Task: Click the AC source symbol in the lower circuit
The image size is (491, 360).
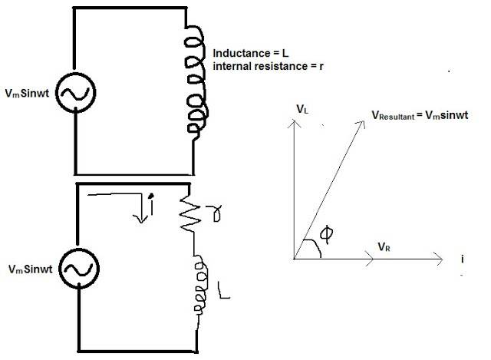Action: [77, 269]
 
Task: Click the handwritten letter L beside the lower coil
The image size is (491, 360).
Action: [222, 290]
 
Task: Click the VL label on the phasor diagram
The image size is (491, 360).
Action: [302, 111]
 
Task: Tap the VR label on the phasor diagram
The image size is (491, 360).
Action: [386, 246]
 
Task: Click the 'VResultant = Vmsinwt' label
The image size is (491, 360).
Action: [420, 115]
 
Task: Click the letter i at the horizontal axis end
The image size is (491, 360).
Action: [463, 259]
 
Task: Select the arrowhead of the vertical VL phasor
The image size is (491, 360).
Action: [295, 124]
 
